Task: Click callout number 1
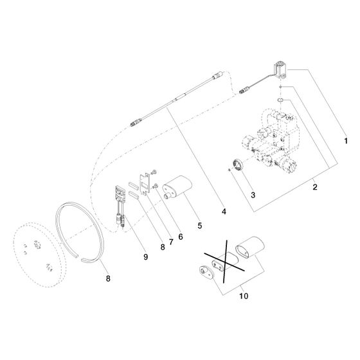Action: [346, 141]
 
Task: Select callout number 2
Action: [315, 187]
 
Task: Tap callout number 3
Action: [253, 195]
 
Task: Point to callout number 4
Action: [224, 212]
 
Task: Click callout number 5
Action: [200, 226]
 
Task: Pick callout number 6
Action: [181, 237]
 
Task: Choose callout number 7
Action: [171, 242]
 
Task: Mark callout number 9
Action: [145, 256]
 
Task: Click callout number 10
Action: [244, 296]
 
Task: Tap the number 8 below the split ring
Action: [108, 278]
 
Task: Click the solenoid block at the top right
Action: [280, 71]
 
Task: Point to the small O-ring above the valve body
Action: [280, 100]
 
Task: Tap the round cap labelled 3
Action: [238, 165]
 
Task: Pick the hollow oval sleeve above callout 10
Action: [250, 247]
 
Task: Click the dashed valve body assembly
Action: [271, 139]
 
